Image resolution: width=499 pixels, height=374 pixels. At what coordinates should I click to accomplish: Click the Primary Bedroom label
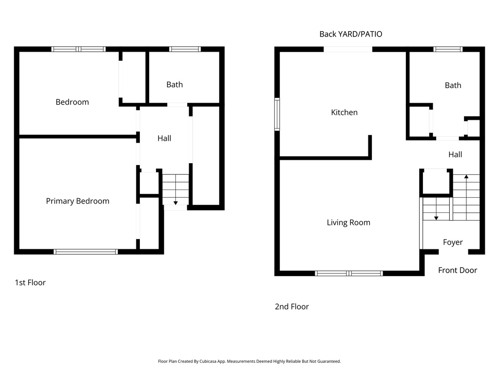pyautogui.click(x=77, y=201)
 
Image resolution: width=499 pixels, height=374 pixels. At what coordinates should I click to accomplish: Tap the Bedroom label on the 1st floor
pyautogui.click(x=72, y=102)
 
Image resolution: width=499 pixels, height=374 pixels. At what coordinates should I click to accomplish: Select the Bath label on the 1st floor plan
pyautogui.click(x=174, y=85)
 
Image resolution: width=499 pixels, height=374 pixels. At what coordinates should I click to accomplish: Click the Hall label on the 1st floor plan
pyautogui.click(x=164, y=138)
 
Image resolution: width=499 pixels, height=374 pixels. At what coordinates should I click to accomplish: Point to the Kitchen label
pyautogui.click(x=344, y=112)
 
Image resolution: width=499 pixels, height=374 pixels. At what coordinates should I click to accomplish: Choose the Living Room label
pyautogui.click(x=348, y=223)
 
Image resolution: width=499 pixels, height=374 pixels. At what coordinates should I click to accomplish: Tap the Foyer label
pyautogui.click(x=453, y=242)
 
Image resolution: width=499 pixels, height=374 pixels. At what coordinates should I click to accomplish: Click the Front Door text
pyautogui.click(x=457, y=270)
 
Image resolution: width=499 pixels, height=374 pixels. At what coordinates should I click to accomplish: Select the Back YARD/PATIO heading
pyautogui.click(x=350, y=34)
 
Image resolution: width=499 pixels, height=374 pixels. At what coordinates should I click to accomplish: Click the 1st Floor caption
pyautogui.click(x=30, y=282)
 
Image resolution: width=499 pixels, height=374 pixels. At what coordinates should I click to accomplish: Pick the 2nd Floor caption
pyautogui.click(x=291, y=306)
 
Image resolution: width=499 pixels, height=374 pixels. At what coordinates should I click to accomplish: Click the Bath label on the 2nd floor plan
pyautogui.click(x=453, y=85)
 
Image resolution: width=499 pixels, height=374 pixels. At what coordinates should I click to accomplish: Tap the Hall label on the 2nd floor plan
pyautogui.click(x=455, y=154)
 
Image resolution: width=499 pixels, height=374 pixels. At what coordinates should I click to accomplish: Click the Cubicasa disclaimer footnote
pyautogui.click(x=249, y=361)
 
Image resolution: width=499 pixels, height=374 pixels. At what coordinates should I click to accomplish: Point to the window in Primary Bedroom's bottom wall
pyautogui.click(x=86, y=252)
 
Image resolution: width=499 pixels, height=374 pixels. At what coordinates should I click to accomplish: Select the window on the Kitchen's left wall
pyautogui.click(x=277, y=114)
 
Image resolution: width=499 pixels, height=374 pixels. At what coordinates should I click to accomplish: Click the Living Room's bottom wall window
pyautogui.click(x=349, y=273)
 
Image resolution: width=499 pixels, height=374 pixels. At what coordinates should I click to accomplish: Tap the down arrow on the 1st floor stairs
pyautogui.click(x=175, y=202)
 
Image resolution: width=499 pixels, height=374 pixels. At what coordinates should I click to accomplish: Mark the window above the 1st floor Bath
pyautogui.click(x=185, y=49)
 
